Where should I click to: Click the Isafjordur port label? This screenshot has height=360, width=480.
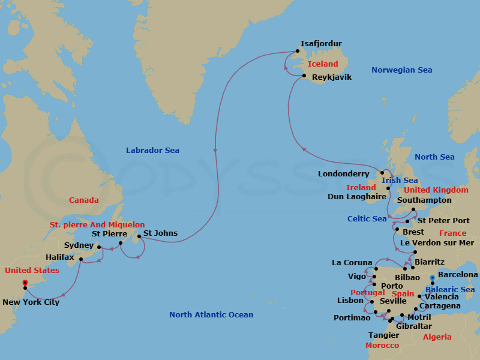coord(321,43)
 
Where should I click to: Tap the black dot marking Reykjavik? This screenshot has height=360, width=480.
coord(305,76)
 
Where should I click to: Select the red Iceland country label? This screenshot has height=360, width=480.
coord(323,64)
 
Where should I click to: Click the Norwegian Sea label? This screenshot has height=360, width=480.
coord(401,70)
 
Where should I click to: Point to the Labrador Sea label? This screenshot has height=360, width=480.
coord(152,151)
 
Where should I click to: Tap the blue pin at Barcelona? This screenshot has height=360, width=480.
coord(433,278)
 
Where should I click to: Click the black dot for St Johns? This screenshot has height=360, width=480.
coord(140,235)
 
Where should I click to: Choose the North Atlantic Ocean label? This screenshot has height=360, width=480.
coord(211,314)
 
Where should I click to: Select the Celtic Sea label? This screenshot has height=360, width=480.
coord(367,219)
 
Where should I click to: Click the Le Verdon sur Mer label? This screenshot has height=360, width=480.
coord(437,243)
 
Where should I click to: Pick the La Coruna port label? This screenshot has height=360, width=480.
coord(352,262)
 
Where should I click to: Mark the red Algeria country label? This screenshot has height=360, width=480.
coord(437,337)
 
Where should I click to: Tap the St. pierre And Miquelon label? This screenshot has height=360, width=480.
coord(97,224)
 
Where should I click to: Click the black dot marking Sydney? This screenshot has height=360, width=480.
coord(99,247)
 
